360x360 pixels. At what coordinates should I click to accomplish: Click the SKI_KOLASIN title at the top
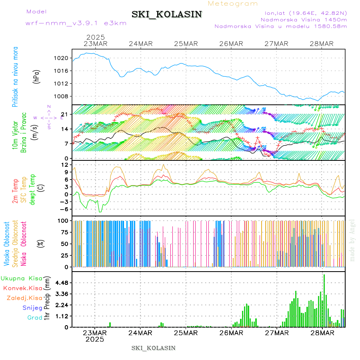click(x=166, y=14)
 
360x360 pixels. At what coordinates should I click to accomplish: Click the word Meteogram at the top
click(x=233, y=4)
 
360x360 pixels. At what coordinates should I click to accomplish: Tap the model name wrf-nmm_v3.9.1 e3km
click(x=76, y=23)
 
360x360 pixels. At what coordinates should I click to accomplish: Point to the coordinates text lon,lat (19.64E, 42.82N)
click(x=303, y=12)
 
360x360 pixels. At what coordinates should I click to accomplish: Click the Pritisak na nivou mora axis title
click(x=15, y=76)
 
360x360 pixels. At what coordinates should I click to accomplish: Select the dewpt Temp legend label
click(x=32, y=190)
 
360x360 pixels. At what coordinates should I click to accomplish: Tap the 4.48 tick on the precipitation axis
click(x=61, y=283)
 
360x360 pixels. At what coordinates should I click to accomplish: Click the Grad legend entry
click(x=35, y=318)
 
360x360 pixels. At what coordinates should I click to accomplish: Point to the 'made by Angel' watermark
click(x=352, y=240)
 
